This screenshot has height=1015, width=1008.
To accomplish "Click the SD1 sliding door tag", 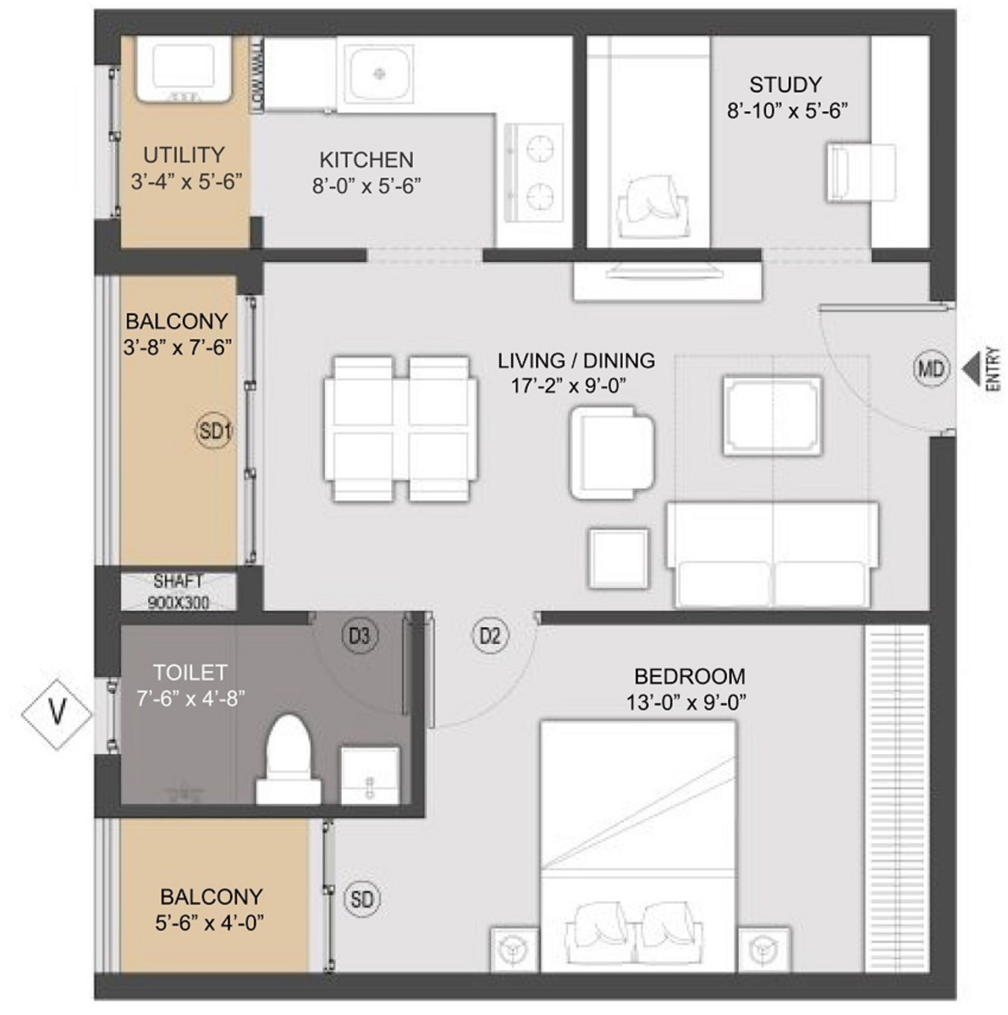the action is tap(214, 431).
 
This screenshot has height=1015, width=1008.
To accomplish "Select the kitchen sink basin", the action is tap(379, 73).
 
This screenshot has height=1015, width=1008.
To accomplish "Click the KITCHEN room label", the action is tap(366, 160).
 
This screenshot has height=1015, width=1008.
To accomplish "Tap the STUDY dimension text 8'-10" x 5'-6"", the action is tap(787, 111).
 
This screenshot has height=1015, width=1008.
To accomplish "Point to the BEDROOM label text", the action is tap(690, 676).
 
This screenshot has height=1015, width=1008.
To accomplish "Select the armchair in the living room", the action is tap(612, 453).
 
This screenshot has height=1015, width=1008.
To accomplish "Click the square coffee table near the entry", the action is tap(772, 415).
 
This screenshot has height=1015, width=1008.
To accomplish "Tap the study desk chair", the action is tap(860, 173).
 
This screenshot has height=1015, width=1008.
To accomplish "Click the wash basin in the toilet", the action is tap(370, 776).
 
